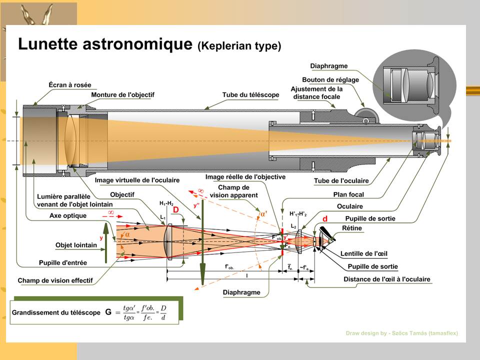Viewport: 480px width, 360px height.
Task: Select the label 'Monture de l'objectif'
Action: coord(122,94)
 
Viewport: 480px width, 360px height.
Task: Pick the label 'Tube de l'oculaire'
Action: coord(341,180)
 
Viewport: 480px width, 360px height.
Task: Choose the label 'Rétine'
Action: coord(351,228)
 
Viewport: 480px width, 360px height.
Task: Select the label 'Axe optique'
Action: coord(68,216)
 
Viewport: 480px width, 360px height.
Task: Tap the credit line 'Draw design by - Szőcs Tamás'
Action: coord(401,333)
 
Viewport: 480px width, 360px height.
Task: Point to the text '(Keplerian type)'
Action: coord(239,46)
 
